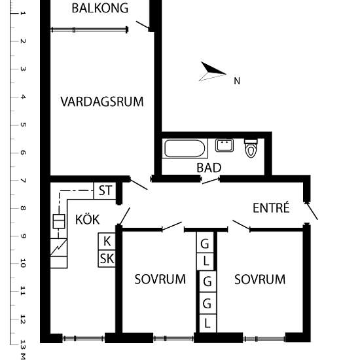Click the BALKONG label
pyautogui.click(x=100, y=9)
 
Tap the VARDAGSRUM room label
pyautogui.click(x=101, y=101)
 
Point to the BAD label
pyautogui.click(x=209, y=168)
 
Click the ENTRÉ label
pyautogui.click(x=271, y=208)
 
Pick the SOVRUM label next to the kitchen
pyautogui.click(x=160, y=279)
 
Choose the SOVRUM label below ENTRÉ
pyautogui.click(x=260, y=279)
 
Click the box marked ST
pyautogui.click(x=105, y=191)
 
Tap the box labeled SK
pyautogui.click(x=107, y=259)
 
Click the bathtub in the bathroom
pyautogui.click(x=185, y=148)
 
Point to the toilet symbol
pyautogui.click(x=251, y=149)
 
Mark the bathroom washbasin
pyautogui.click(x=225, y=145)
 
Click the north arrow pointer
pyautogui.click(x=213, y=71)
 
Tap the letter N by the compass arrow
pyautogui.click(x=237, y=81)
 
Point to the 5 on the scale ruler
pyautogui.click(x=23, y=124)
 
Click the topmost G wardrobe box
pyautogui.click(x=206, y=243)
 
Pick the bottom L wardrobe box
pyautogui.click(x=207, y=323)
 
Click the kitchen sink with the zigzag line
pyautogui.click(x=59, y=249)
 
